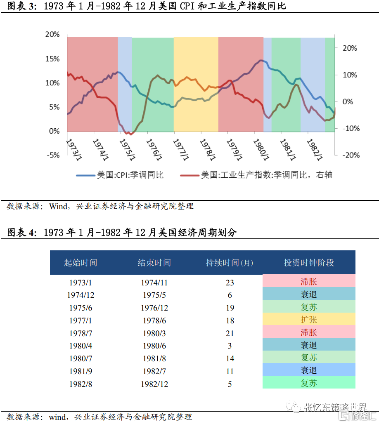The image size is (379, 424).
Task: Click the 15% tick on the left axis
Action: click(x=52, y=59)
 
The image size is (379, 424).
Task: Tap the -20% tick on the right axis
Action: click(x=348, y=155)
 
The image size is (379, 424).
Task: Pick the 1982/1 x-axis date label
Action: click(x=315, y=149)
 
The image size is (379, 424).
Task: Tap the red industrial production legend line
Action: click(x=189, y=175)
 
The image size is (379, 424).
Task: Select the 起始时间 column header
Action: click(x=81, y=263)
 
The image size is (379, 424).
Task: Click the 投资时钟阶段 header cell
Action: click(x=309, y=263)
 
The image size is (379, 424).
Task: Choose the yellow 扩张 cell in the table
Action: click(x=309, y=320)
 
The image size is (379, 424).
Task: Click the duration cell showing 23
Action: click(x=230, y=283)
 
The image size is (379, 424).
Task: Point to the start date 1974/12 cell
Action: click(x=81, y=295)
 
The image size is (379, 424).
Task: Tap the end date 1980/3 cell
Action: click(x=154, y=333)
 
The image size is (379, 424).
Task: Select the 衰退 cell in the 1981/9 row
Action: click(x=309, y=371)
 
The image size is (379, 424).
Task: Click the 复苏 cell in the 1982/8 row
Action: click(x=309, y=383)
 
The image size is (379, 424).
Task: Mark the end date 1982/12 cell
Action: click(x=154, y=384)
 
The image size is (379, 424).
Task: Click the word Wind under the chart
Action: click(x=58, y=206)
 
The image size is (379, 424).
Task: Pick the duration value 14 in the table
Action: click(x=230, y=358)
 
